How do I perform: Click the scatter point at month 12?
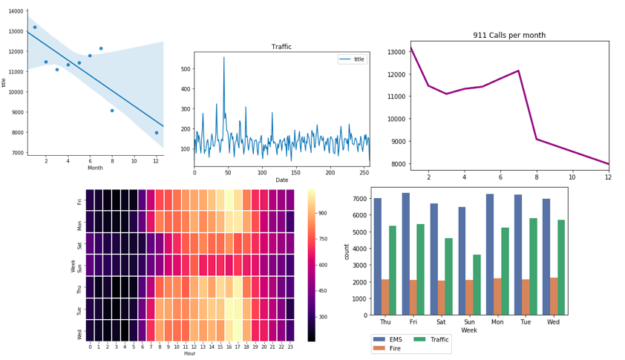157,133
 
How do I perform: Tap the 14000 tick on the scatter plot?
17,11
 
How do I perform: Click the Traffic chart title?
281,47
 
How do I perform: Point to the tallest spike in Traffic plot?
224,58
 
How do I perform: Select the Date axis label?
281,180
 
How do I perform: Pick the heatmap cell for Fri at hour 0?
90,200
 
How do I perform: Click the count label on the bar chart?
357,251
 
